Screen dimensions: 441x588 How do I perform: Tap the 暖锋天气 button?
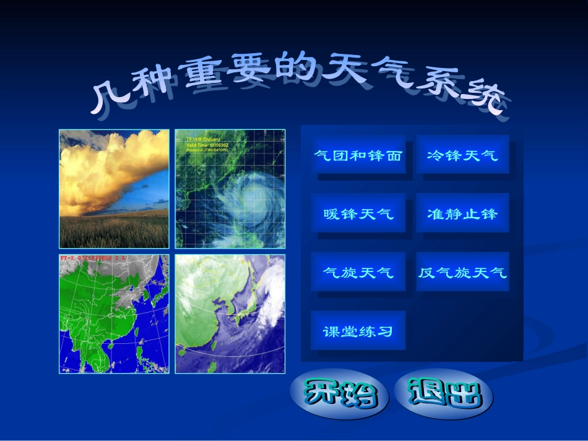tap(358, 214)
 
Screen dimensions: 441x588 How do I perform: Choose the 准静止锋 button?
tap(462, 214)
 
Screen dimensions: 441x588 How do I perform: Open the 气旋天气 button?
tap(358, 272)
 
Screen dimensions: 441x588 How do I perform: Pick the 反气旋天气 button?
tap(462, 272)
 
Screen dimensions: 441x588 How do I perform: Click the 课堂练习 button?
tap(358, 331)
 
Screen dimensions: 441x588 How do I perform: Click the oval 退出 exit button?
tap(444, 393)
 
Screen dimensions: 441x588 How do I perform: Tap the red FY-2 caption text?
tap(93, 258)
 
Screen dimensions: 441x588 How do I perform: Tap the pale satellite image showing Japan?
tap(230, 314)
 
